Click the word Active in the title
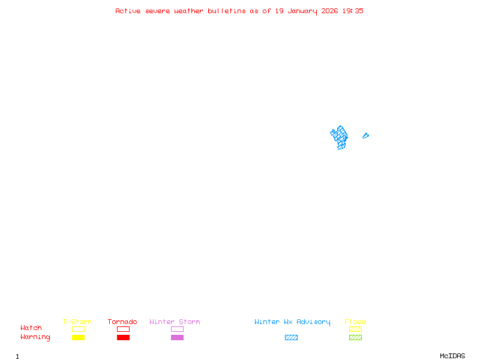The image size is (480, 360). pos(128,11)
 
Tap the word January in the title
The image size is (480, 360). pos(302,11)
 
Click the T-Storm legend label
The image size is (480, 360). pos(77,322)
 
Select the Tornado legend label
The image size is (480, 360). pos(122,322)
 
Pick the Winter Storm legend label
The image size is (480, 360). pos(175,322)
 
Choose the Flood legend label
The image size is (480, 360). pos(355,322)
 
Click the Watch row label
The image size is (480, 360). pos(31,328)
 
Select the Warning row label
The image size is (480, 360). pos(35,337)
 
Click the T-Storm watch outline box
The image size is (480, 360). pos(78,329)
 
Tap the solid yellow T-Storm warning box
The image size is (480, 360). pos(78,337)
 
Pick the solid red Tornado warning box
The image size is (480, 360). pos(123,337)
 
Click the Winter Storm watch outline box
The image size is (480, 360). pos(177,329)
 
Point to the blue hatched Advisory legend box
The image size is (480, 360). pos(291,337)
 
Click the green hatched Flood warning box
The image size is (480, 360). pos(355,337)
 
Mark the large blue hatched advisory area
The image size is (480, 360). pos(340,138)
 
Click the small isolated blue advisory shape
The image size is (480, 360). pos(365,136)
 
